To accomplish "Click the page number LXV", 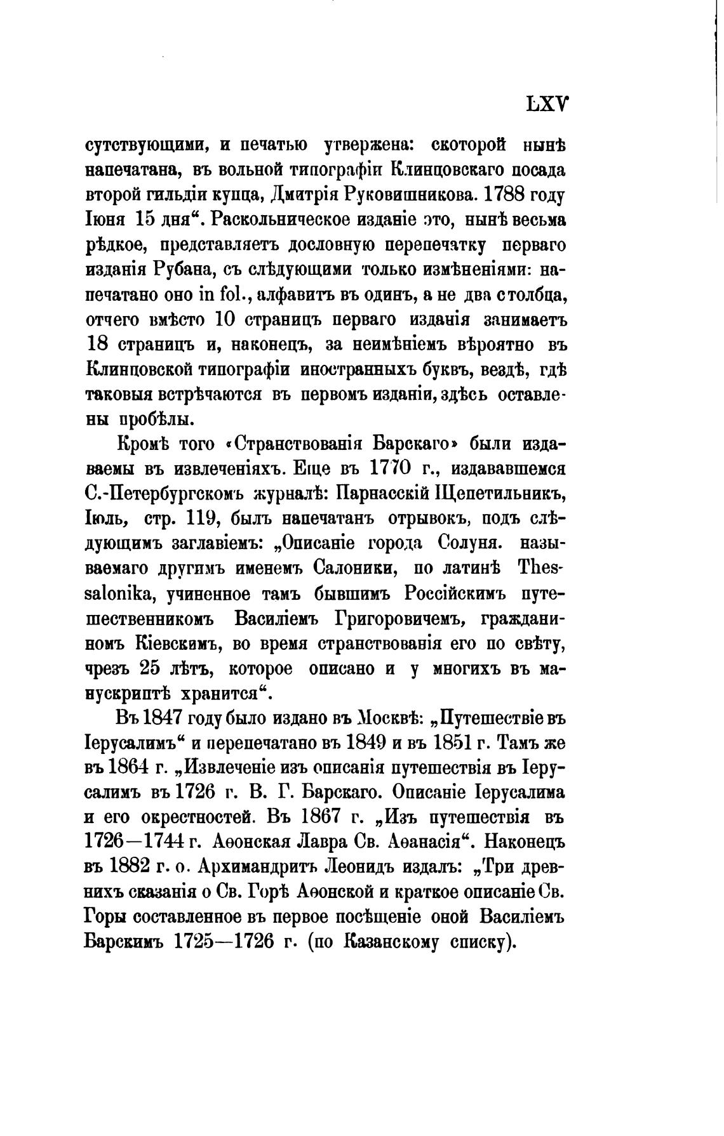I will point(547,105).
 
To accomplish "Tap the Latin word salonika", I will point(121,593).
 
